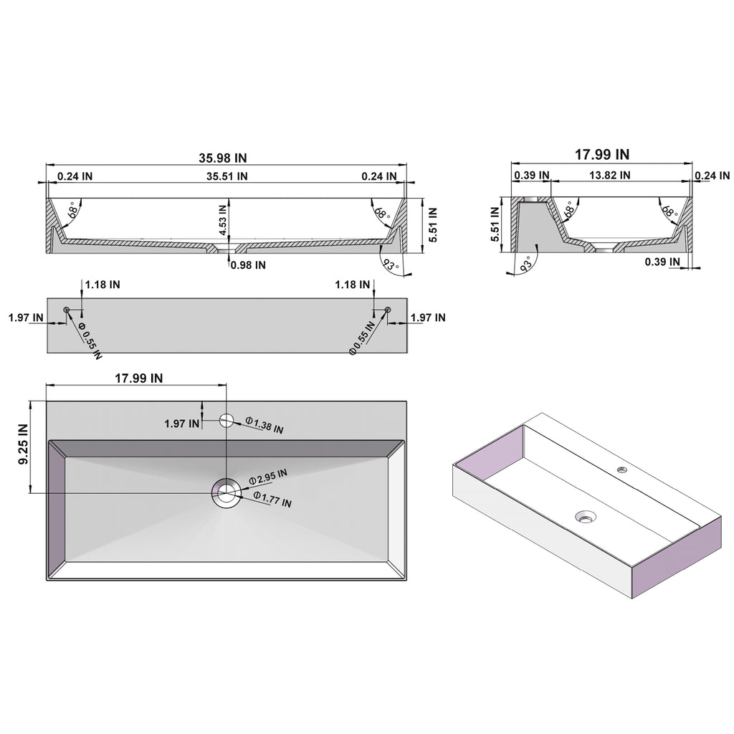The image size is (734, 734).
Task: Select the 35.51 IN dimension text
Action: click(x=227, y=176)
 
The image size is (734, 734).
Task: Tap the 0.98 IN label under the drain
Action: click(x=248, y=264)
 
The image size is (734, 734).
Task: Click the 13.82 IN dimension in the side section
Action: click(x=609, y=175)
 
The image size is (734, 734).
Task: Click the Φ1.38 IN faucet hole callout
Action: click(x=264, y=424)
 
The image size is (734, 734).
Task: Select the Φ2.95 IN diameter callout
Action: click(x=268, y=476)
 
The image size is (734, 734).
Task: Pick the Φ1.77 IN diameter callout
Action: click(x=272, y=499)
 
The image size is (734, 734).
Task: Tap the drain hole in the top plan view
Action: click(x=227, y=492)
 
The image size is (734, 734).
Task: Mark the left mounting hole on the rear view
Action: click(x=67, y=310)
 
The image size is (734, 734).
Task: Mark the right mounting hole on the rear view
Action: click(x=387, y=310)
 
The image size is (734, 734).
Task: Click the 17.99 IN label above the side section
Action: click(x=603, y=154)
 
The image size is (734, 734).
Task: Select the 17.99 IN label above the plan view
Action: click(x=138, y=378)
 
